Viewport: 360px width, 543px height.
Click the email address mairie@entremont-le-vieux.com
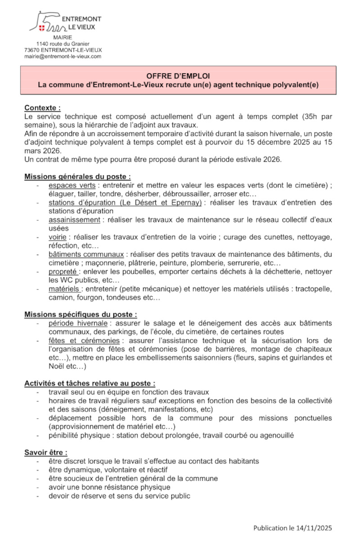click(63, 57)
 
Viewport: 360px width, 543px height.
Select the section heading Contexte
click(42, 108)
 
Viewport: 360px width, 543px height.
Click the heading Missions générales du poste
click(77, 177)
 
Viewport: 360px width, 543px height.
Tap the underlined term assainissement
click(74, 220)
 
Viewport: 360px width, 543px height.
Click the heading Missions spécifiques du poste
click(81, 314)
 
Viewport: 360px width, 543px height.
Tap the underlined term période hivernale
click(78, 323)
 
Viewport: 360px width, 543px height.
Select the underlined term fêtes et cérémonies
click(84, 341)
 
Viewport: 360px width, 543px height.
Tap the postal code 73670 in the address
click(32, 50)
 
